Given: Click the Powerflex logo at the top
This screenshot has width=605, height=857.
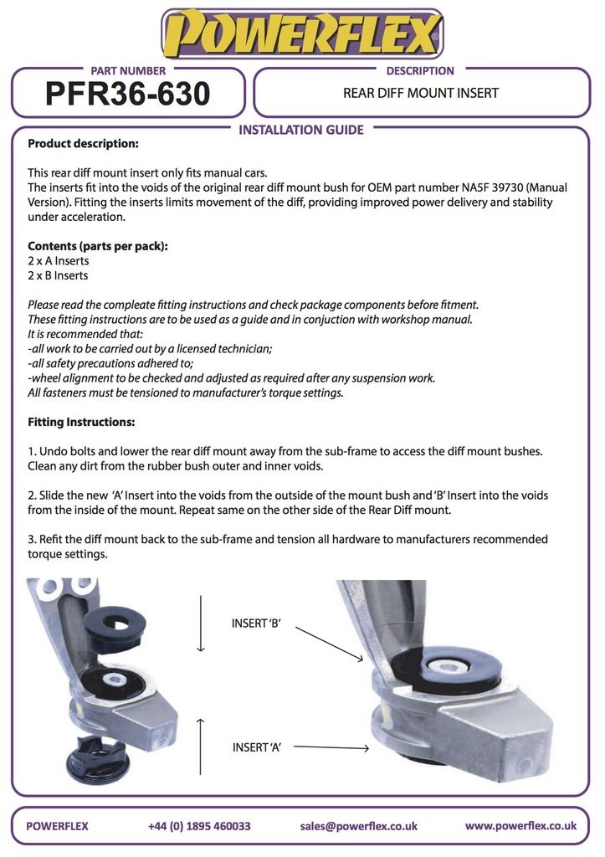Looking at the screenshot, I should point(302,34).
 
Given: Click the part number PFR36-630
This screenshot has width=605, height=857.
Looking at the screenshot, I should point(127,95).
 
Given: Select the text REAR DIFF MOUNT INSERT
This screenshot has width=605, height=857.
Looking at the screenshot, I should point(420,93).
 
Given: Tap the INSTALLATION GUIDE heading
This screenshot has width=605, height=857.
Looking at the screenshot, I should point(301,130).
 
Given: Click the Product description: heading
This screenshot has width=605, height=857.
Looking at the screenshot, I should point(83,144).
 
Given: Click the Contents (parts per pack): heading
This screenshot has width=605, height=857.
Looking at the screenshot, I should point(98,246).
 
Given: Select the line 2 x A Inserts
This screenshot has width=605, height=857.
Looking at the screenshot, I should point(59,261).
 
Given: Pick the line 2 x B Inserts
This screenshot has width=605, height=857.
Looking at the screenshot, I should point(58,275).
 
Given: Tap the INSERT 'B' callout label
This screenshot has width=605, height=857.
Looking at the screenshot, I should point(256,623).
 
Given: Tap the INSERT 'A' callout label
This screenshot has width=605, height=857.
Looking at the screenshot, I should point(256,747).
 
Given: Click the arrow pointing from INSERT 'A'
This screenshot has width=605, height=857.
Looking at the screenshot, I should point(331,747).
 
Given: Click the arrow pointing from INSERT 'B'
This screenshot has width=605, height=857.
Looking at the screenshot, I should point(330,644).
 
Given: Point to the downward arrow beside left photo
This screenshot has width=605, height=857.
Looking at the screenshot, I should point(201,623).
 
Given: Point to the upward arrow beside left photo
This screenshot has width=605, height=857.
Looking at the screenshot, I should point(201,744).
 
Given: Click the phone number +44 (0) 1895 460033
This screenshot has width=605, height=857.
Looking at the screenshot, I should point(199,826).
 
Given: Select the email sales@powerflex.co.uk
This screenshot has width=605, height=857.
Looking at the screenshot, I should point(358,826).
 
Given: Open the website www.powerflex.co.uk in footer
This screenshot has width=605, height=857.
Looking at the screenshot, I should point(520,825).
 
